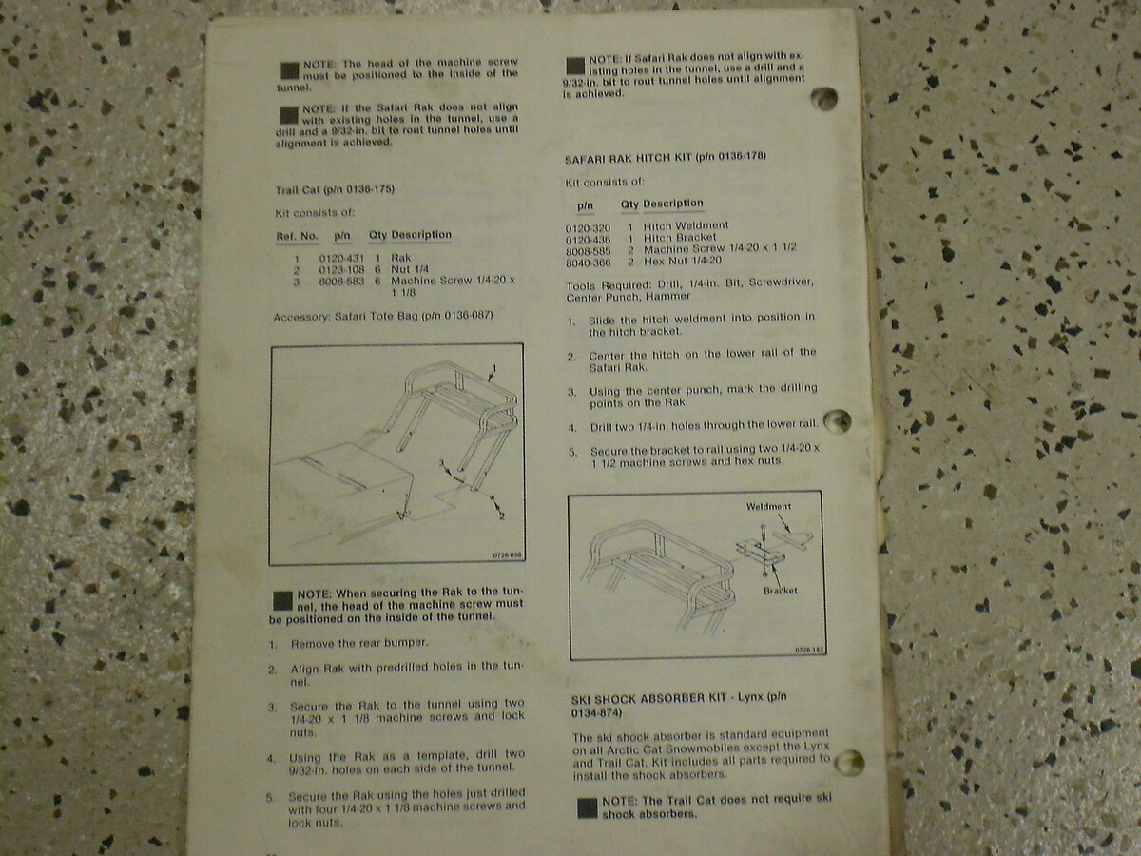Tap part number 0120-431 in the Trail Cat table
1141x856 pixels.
[x=341, y=258]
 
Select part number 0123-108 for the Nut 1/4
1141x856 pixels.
[x=341, y=270]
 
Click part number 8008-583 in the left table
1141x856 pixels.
[x=341, y=282]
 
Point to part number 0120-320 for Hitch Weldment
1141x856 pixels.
[x=588, y=228]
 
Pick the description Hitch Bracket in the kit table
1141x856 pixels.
[x=680, y=238]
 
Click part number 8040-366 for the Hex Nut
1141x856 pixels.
[x=588, y=263]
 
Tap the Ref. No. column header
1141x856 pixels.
[x=297, y=237]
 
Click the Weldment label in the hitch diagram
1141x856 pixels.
[x=768, y=506]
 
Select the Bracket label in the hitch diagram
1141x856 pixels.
[x=780, y=591]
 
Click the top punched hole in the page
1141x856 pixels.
[x=824, y=98]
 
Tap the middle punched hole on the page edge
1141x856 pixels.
[x=838, y=421]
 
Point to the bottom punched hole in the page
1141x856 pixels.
[x=849, y=763]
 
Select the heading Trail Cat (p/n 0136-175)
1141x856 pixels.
[x=335, y=189]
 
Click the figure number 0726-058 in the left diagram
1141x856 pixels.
[x=507, y=555]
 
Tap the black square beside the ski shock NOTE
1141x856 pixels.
[x=588, y=807]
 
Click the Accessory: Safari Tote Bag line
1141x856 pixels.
[x=383, y=316]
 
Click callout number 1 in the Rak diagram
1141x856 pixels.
[x=494, y=368]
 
